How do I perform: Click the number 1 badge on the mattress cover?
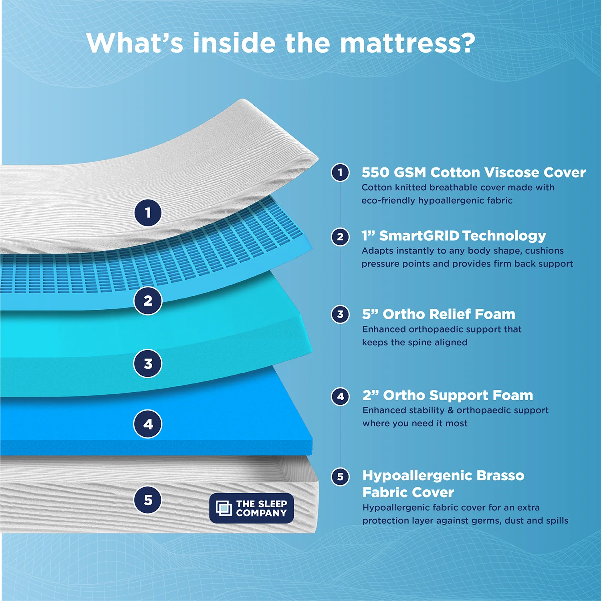coord(148,213)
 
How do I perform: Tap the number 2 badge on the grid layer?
coord(148,300)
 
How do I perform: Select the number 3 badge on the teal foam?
coord(148,364)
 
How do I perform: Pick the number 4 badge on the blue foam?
coord(148,424)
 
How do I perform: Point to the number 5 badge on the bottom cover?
coord(148,500)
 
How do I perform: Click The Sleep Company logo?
coord(252,508)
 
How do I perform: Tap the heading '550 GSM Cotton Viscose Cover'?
coord(473,173)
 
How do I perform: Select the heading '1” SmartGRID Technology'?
coord(454,236)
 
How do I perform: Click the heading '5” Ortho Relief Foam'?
coord(438,314)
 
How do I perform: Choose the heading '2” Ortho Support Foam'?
coord(448,395)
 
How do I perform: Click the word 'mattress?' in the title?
coord(407,43)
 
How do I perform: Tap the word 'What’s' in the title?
coord(135,43)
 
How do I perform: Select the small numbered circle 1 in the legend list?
coord(340,173)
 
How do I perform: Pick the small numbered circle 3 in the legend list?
coord(340,315)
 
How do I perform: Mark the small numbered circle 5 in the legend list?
coord(340,477)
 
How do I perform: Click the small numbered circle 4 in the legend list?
coord(340,397)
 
